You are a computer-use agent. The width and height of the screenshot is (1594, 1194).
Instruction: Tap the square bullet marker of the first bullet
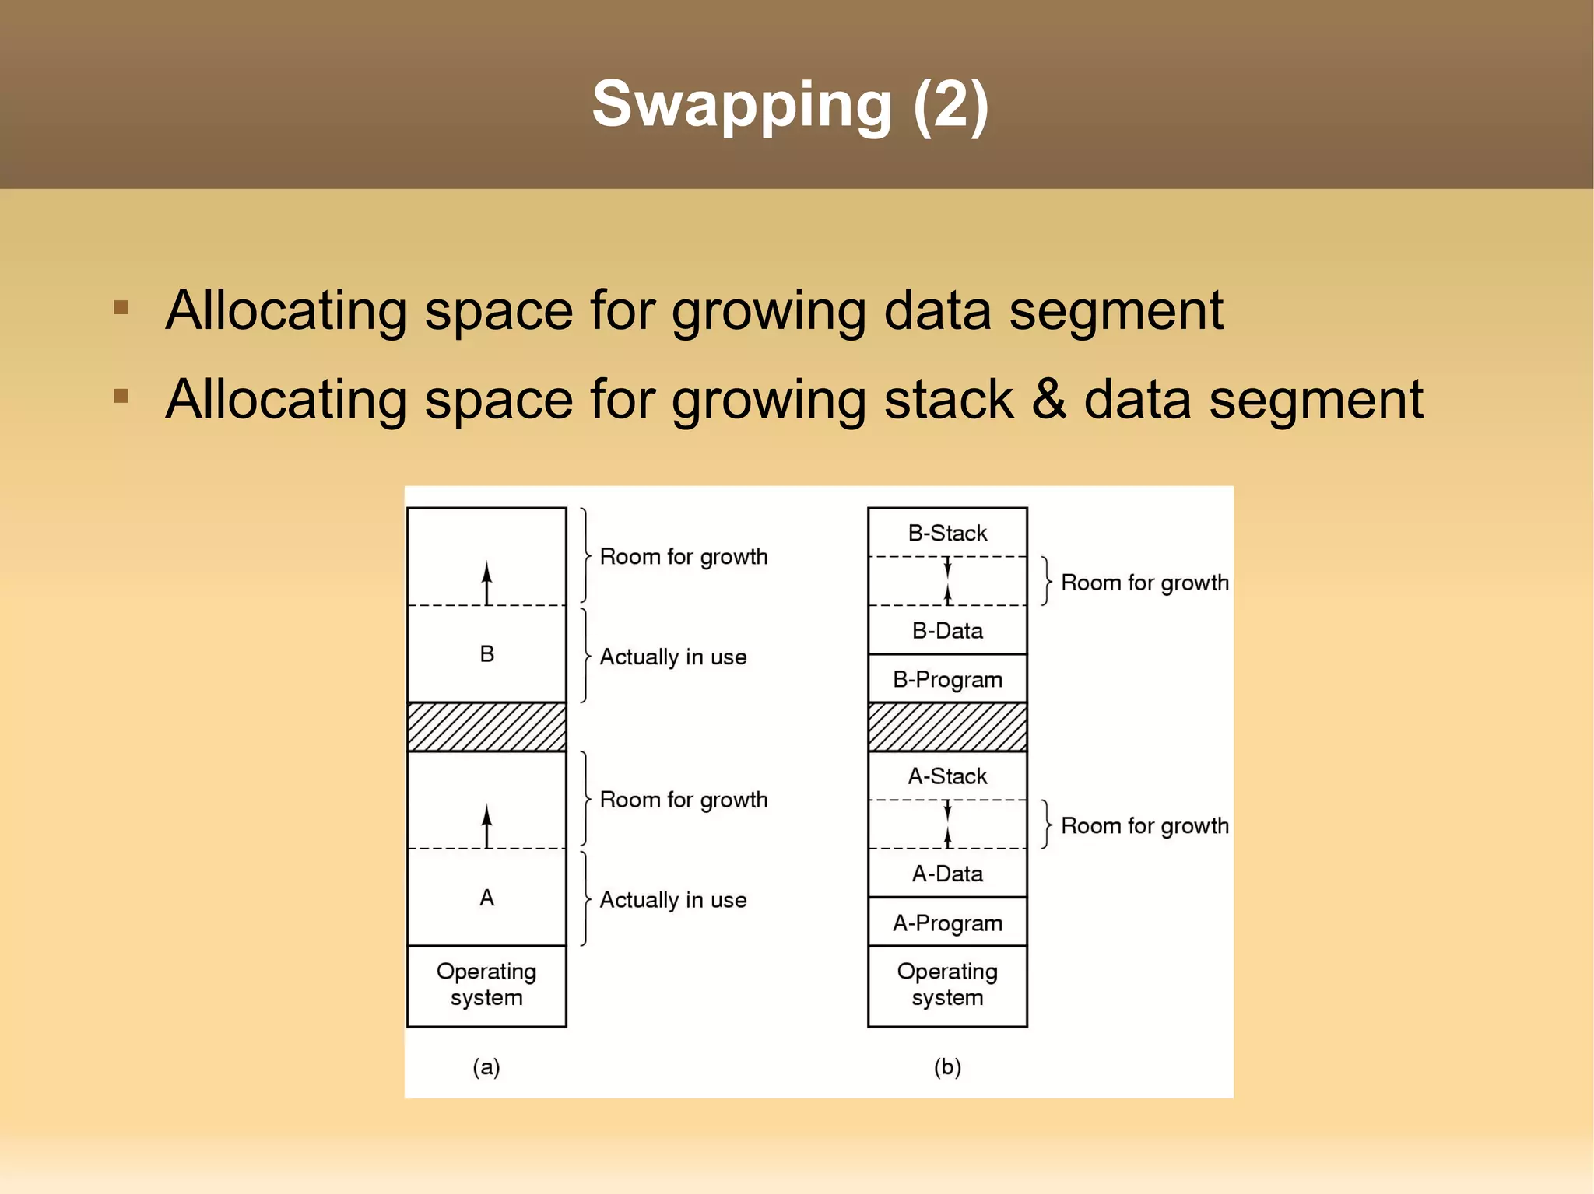click(121, 307)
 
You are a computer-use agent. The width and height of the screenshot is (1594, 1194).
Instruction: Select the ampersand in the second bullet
click(1048, 400)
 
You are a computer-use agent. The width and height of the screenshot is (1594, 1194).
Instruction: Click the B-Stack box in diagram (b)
click(947, 533)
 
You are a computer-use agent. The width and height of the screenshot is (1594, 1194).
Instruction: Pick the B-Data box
click(947, 630)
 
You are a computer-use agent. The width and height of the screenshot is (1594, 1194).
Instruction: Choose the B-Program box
click(947, 679)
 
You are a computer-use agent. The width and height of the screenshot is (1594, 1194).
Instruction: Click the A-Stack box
click(947, 776)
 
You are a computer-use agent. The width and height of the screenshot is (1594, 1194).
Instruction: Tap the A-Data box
click(947, 874)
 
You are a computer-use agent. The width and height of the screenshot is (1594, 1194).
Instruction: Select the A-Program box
click(947, 923)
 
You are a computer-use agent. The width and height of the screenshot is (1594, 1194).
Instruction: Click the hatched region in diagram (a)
click(486, 727)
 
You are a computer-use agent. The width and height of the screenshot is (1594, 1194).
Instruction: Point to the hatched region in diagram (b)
click(947, 727)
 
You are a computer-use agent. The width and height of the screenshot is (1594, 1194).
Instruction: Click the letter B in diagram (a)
click(486, 654)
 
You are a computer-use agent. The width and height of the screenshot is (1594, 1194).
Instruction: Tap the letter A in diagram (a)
click(486, 898)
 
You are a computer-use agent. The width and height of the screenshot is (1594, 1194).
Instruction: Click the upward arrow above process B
click(487, 583)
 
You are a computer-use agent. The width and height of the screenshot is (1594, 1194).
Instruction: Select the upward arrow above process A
click(487, 826)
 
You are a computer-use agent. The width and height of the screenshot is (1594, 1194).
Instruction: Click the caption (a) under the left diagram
click(486, 1066)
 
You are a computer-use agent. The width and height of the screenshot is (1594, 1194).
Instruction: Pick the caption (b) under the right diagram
click(947, 1066)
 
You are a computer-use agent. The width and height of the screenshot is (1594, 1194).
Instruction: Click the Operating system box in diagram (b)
click(947, 985)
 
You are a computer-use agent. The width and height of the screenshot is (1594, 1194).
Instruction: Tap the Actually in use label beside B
click(672, 657)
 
